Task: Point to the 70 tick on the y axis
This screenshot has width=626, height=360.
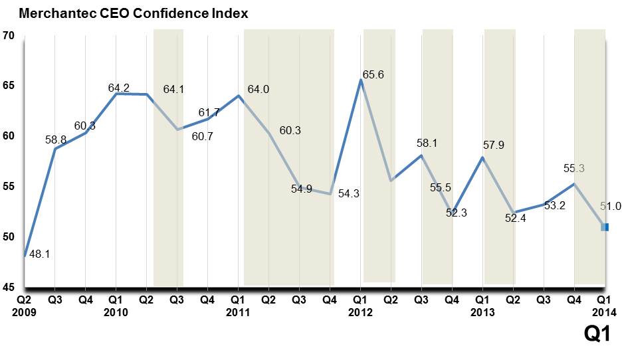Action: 9,36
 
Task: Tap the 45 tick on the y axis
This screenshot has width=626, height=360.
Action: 9,288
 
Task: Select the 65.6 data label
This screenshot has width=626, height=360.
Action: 373,75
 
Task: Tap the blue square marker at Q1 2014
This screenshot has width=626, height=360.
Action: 605,227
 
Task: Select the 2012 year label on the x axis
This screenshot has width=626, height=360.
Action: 360,312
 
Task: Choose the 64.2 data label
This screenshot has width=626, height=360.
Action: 120,88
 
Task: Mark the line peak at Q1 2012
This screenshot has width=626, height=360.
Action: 360,80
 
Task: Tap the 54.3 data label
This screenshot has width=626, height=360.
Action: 349,194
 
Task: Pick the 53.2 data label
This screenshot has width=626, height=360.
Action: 554,206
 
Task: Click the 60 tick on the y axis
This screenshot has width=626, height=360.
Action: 9,136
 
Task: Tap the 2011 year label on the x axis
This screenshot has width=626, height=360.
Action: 237,312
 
